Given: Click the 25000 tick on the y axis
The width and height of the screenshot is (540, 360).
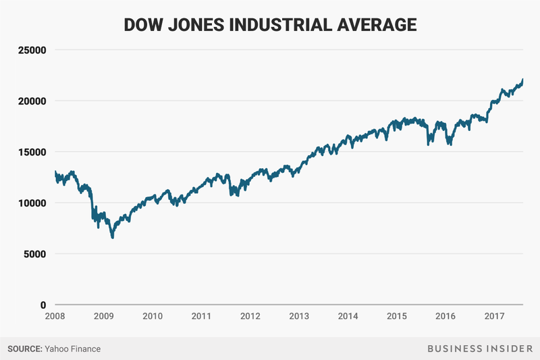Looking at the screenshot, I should [x=31, y=50].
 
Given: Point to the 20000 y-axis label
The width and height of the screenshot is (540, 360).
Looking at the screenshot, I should [x=31, y=101].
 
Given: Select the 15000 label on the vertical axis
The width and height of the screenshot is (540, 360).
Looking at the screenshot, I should [x=31, y=152].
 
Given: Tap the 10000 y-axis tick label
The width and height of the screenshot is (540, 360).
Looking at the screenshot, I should [x=31, y=203].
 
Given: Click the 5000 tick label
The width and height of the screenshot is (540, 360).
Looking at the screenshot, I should [x=34, y=254].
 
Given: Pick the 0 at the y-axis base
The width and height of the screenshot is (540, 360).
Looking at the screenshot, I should [x=42, y=305].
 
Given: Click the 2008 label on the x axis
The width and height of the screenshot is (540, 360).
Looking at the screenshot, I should [x=55, y=316].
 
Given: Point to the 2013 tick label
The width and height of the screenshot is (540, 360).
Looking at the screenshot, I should [x=300, y=316].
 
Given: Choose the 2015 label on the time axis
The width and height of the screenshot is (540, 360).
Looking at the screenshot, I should [x=397, y=316].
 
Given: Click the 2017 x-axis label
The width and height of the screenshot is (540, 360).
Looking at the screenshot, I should [x=495, y=316].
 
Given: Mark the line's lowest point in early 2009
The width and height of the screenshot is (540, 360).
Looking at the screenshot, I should [x=113, y=238].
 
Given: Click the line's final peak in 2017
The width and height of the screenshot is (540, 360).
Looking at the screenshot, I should [x=523, y=80].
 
